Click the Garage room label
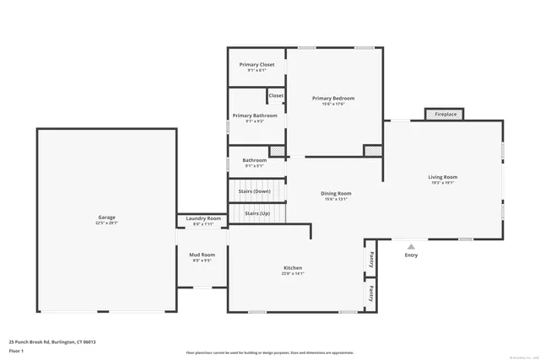coord(106,218)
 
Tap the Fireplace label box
coord(440,114)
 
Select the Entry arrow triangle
coord(411,247)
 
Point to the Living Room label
coord(442,177)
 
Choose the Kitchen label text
coord(293,269)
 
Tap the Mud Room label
coord(202,255)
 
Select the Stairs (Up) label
coord(257,214)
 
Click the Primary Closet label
coord(256,65)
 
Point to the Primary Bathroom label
coord(255,116)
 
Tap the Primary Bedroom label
coord(333,99)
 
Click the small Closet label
coord(276,95)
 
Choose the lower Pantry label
coord(370,293)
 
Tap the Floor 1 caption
coord(16,350)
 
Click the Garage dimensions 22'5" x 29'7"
coord(106,223)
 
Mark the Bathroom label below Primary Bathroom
coord(255,160)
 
